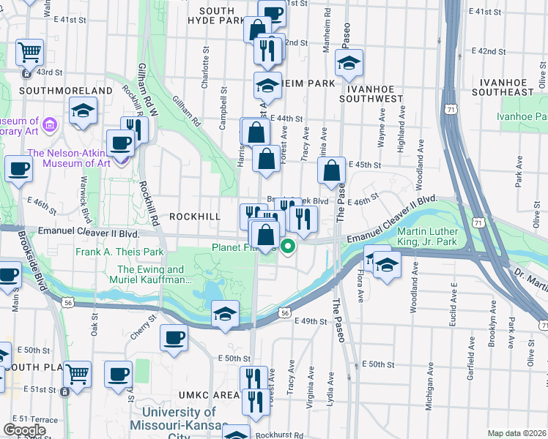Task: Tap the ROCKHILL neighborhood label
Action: click(194, 217)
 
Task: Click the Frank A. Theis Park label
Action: click(119, 252)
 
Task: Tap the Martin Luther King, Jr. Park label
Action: click(437, 236)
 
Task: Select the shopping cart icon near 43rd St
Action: click(31, 53)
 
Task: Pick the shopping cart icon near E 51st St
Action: click(76, 375)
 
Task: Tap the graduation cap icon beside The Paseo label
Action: click(349, 64)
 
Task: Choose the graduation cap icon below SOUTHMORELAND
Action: click(84, 111)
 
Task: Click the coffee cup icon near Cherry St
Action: click(174, 338)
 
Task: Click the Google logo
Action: click(24, 430)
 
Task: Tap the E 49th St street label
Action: click(308, 321)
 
